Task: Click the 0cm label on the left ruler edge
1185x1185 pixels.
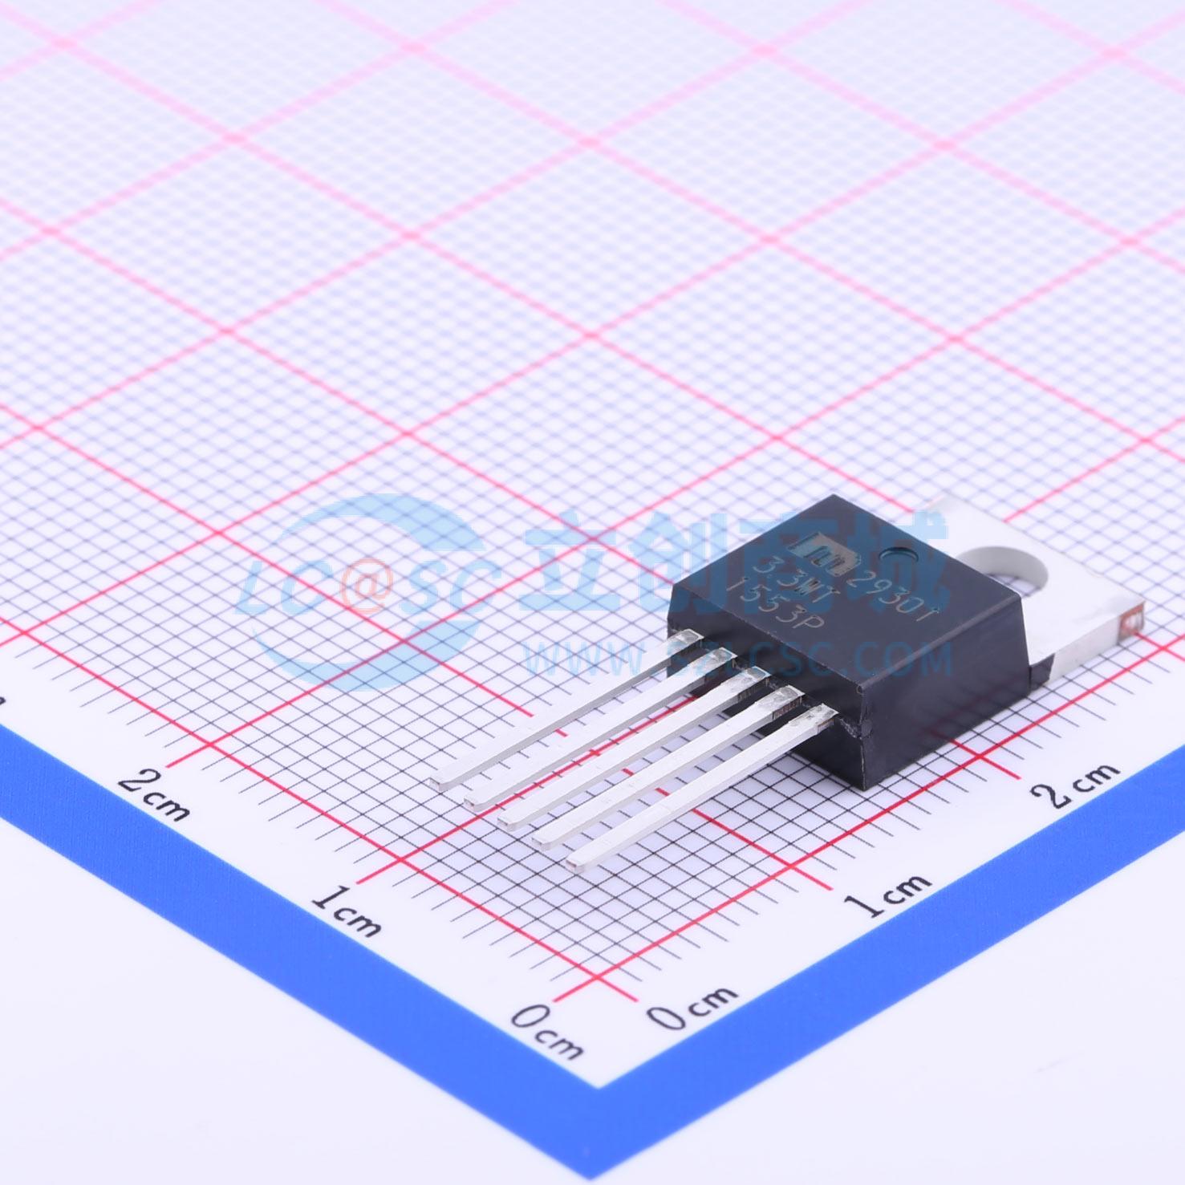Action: [x=547, y=1032]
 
